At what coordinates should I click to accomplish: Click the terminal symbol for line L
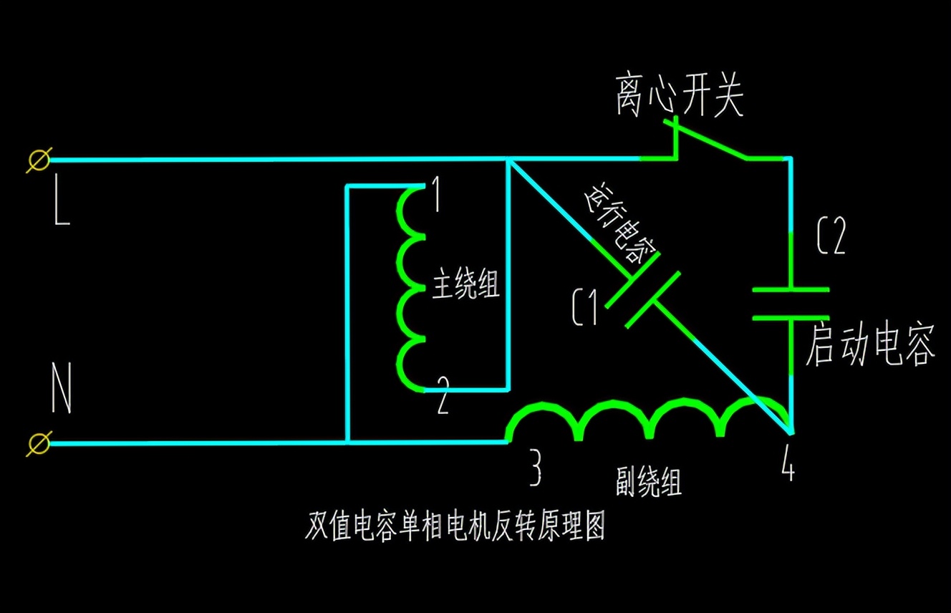(39, 159)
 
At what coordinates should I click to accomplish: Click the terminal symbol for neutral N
(39, 443)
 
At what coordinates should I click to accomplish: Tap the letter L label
(62, 207)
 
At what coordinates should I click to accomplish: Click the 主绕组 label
(465, 288)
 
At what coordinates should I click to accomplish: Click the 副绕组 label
(649, 482)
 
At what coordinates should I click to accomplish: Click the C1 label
(584, 309)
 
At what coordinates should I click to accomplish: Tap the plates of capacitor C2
(791, 303)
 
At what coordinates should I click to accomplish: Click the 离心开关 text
(679, 96)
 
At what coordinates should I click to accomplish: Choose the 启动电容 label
(870, 345)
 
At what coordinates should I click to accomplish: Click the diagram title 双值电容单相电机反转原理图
(455, 527)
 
